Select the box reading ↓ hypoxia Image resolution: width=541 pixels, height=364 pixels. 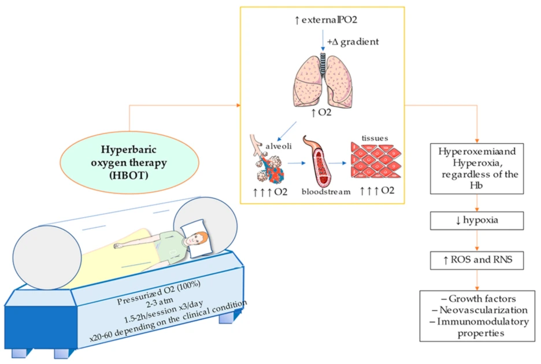[477, 221]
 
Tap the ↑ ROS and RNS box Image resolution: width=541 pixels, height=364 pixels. [477, 261]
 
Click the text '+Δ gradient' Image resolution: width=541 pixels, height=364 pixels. [350, 41]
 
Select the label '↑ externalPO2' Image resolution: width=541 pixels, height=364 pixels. [322, 21]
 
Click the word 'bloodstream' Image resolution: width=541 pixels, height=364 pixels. [325, 192]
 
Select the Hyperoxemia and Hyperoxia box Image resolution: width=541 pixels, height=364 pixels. [477, 168]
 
